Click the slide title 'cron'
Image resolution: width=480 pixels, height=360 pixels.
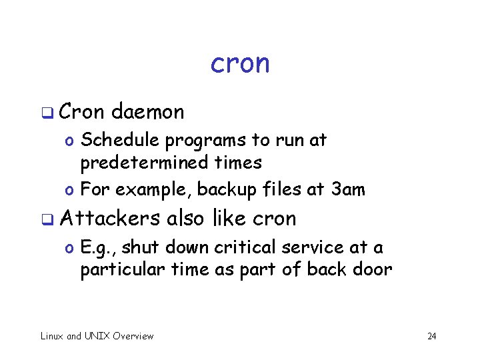tap(240, 64)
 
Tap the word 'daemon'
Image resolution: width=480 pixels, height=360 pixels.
tap(148, 112)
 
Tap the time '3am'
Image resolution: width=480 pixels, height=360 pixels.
tap(348, 190)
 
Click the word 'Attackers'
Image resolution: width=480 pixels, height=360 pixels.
tap(109, 218)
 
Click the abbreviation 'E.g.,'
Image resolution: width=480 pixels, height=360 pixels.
tap(97, 248)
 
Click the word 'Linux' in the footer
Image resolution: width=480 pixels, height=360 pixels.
tap(52, 336)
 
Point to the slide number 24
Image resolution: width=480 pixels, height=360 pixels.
tap(431, 337)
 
